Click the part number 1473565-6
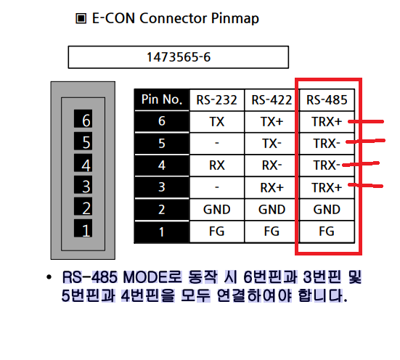click(x=179, y=57)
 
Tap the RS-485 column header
click(x=327, y=99)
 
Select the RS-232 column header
click(x=217, y=99)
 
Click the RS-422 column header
click(x=272, y=99)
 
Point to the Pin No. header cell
click(x=162, y=99)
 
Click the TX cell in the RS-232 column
click(x=217, y=122)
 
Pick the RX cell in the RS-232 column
click(x=217, y=165)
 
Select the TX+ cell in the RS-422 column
click(x=272, y=122)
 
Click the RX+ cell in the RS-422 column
click(x=272, y=187)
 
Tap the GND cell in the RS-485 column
click(x=327, y=210)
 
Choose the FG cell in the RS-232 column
click(x=217, y=232)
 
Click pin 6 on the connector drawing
click(x=83, y=119)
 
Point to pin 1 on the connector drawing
click(x=83, y=228)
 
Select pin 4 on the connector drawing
click(x=83, y=163)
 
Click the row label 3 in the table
click(x=162, y=187)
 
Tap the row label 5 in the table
click(x=162, y=144)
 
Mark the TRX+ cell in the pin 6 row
click(x=327, y=122)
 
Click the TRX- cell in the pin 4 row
click(x=327, y=165)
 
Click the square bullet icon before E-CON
click(x=81, y=19)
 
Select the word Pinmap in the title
click(x=235, y=19)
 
